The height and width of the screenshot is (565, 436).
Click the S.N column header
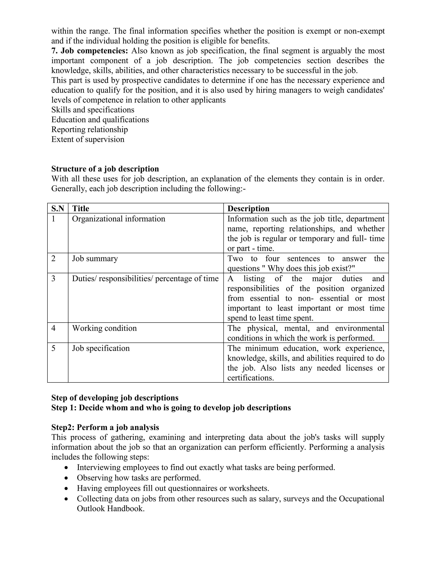click(x=58, y=209)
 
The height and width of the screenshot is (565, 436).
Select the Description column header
click(x=248, y=209)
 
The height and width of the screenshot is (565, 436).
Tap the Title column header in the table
click(x=81, y=209)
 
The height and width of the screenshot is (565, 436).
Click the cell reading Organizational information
click(x=119, y=219)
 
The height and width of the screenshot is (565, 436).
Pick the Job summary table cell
click(x=95, y=258)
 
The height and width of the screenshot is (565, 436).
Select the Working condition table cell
click(x=104, y=328)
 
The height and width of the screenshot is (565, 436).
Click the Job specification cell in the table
click(x=101, y=348)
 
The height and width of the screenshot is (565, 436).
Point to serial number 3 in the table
click(x=53, y=279)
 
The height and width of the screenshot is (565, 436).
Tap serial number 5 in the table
click(x=53, y=348)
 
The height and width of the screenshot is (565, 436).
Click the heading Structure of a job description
click(x=105, y=169)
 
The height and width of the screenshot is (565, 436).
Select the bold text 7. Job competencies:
click(x=90, y=51)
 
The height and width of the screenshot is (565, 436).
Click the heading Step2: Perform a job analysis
click(x=105, y=427)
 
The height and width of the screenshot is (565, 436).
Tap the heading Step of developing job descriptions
click(x=115, y=398)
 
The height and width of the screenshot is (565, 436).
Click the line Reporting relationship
click(x=90, y=129)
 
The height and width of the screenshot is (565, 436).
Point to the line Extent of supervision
click(x=88, y=139)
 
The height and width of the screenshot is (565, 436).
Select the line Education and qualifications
click(x=100, y=120)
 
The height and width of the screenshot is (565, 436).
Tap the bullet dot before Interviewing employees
click(x=67, y=468)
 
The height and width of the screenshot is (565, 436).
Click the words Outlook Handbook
click(x=110, y=508)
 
